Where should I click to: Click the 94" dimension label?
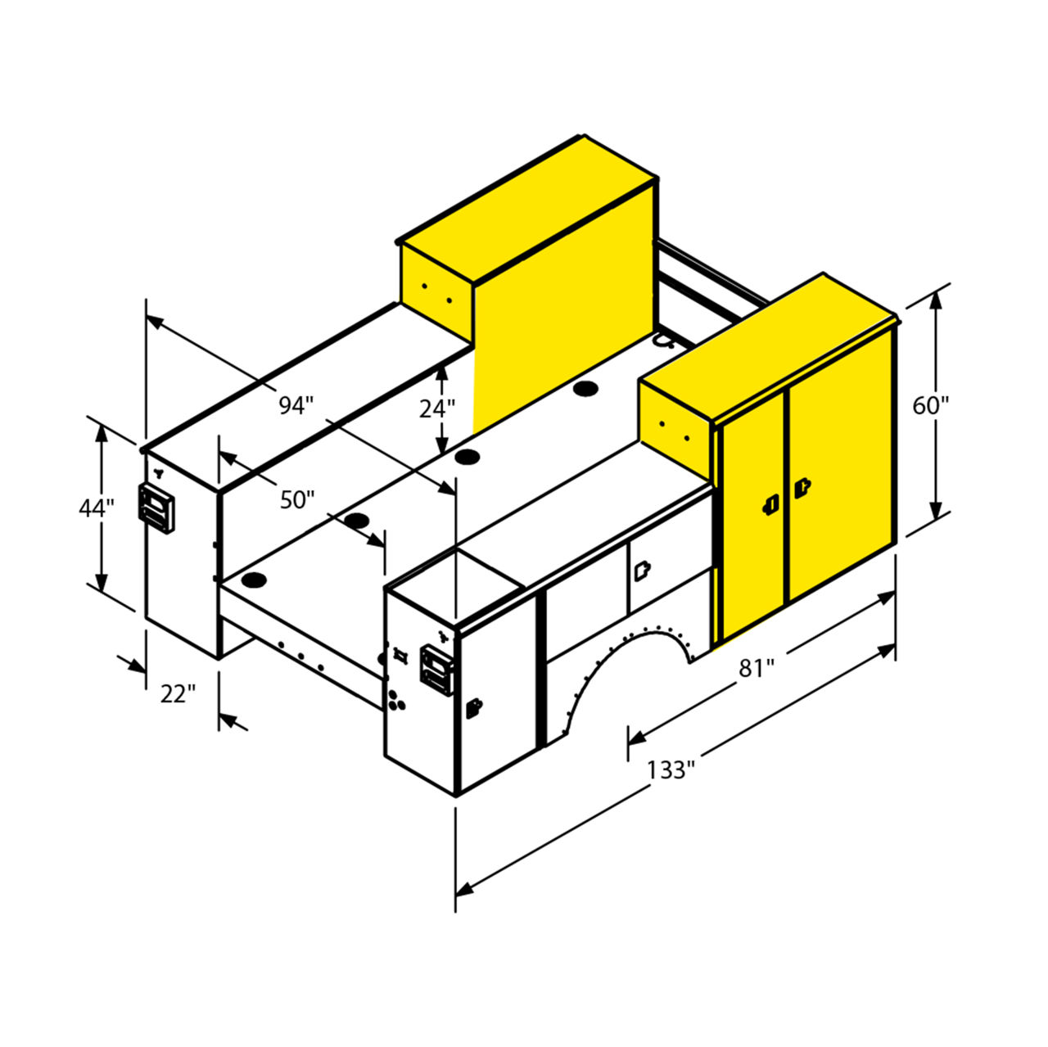pyautogui.click(x=296, y=405)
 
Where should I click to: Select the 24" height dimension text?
pyautogui.click(x=436, y=409)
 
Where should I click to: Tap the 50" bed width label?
pyautogui.click(x=297, y=499)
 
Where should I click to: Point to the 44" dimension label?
pyautogui.click(x=97, y=508)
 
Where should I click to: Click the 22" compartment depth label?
pyautogui.click(x=178, y=694)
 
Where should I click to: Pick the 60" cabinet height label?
pyautogui.click(x=931, y=406)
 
